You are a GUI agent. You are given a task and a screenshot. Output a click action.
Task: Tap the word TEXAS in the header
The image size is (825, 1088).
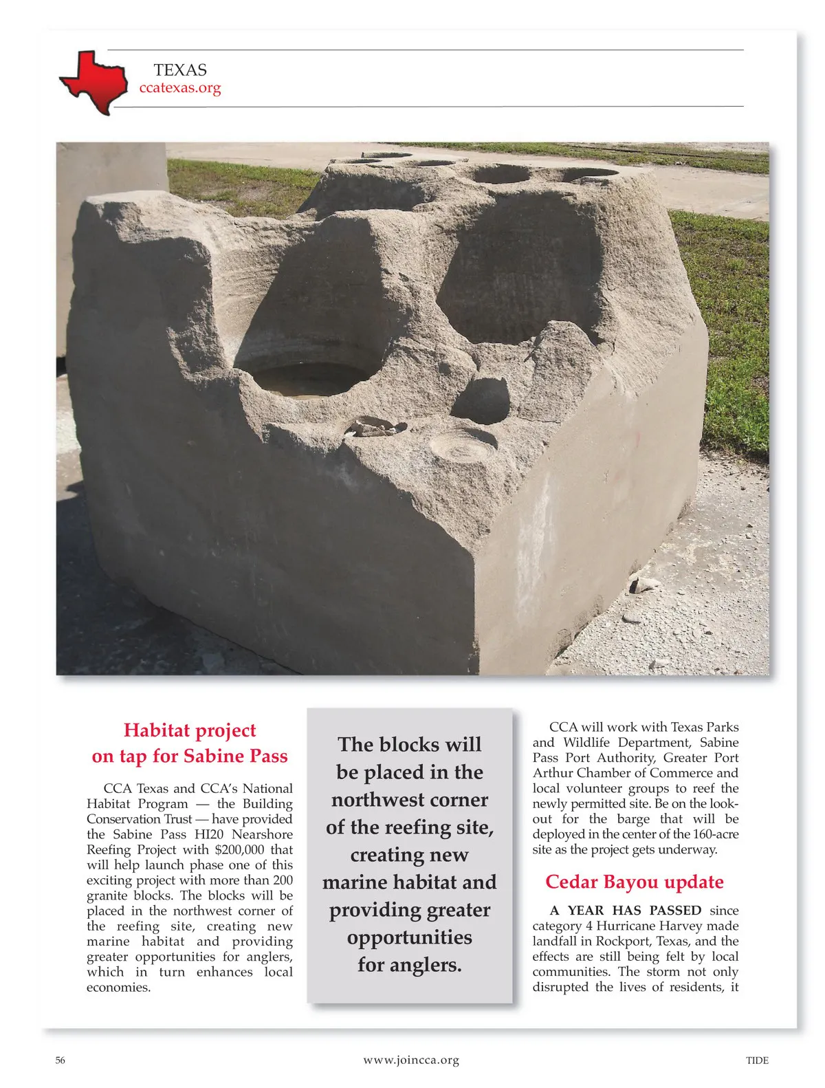180,70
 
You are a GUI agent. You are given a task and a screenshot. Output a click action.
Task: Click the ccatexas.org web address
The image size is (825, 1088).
180,88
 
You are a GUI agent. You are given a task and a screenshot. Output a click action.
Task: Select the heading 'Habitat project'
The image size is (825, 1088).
190,730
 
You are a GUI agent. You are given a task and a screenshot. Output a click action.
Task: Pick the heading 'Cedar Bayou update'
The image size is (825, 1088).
634,882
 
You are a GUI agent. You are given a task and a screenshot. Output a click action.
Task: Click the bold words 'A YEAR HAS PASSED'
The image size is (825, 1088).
626,911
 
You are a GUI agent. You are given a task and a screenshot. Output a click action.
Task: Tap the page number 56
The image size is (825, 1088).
60,1060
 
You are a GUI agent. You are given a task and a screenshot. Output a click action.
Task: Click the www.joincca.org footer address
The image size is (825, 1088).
411,1060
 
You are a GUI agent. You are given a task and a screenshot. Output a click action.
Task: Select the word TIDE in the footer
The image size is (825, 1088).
757,1060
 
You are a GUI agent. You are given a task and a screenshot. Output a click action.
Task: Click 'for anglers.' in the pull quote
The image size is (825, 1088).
409,965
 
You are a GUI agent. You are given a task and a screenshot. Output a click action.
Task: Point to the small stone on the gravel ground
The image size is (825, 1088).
643,585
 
